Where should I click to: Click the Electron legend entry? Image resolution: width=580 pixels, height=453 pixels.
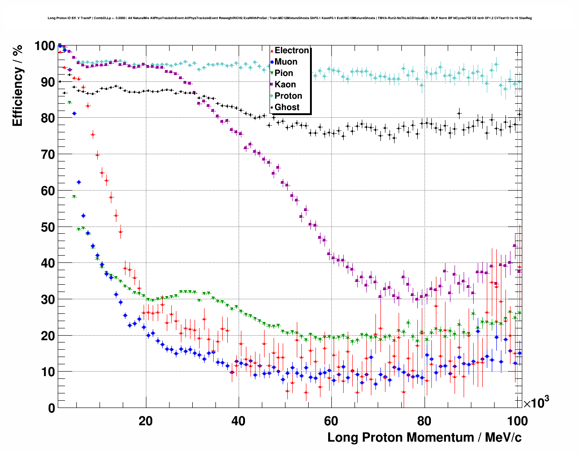[x=291, y=50]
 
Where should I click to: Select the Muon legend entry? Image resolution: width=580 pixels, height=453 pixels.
[x=286, y=62]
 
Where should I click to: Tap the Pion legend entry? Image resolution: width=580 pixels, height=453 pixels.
[x=284, y=73]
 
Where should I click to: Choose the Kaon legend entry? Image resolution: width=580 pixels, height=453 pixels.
[x=285, y=85]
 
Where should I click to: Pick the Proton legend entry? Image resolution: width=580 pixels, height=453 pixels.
[x=288, y=96]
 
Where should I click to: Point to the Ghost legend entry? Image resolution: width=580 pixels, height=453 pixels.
[x=287, y=107]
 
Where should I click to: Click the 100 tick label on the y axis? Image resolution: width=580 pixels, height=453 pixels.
[x=45, y=46]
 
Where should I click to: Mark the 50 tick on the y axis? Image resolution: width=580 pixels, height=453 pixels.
[x=48, y=227]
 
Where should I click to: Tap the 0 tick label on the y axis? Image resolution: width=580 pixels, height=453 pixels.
[x=51, y=408]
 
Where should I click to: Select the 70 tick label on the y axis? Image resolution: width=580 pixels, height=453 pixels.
[x=48, y=155]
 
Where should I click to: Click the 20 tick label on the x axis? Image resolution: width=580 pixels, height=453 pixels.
[x=145, y=421]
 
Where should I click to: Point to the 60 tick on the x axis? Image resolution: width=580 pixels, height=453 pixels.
[x=331, y=421]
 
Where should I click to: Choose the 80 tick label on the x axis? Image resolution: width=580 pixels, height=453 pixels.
[x=424, y=421]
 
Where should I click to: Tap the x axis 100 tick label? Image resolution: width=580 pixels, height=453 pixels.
[x=517, y=421]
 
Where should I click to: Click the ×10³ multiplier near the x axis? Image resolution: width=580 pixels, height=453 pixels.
[x=536, y=403]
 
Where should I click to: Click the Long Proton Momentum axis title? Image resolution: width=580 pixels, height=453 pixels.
[x=425, y=438]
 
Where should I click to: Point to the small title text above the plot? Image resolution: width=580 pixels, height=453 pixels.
[x=290, y=18]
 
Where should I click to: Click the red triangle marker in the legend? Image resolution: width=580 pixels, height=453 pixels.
[x=272, y=50]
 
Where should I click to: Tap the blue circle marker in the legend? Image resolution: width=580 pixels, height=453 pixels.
[x=272, y=62]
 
